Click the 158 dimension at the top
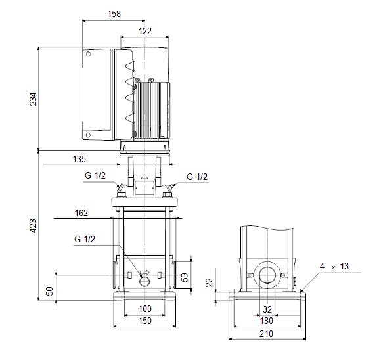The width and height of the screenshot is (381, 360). click(x=114, y=14)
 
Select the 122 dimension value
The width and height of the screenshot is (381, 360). click(x=145, y=31)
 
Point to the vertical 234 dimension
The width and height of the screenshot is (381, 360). click(x=33, y=99)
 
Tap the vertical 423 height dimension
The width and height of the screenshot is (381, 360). click(x=33, y=226)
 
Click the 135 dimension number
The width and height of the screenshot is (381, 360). click(x=79, y=159)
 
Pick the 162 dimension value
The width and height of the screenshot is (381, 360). click(x=81, y=213)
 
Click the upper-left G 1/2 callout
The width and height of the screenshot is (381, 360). click(x=95, y=175)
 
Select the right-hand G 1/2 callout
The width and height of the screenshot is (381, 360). click(x=197, y=177)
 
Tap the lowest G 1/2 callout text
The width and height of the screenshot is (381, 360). click(x=85, y=239)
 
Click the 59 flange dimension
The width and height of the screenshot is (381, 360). click(x=185, y=277)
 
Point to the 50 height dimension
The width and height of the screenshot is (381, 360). click(x=49, y=291)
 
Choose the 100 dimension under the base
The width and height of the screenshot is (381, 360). click(x=145, y=309)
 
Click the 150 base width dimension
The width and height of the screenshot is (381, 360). click(x=145, y=321)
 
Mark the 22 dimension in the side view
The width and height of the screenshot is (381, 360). click(x=209, y=282)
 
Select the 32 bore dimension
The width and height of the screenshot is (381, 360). click(x=267, y=309)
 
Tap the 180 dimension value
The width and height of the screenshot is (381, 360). click(x=267, y=321)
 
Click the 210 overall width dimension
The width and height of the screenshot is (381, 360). click(x=266, y=334)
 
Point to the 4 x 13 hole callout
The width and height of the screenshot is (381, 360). click(x=334, y=267)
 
